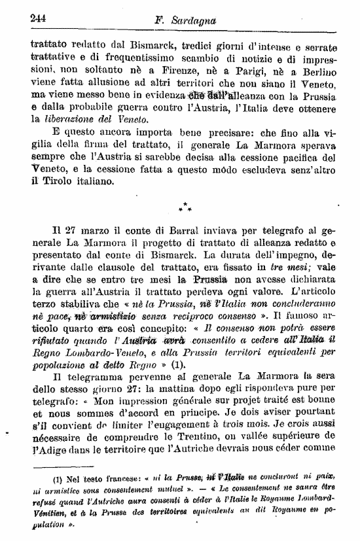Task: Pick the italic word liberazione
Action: click(67, 120)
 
